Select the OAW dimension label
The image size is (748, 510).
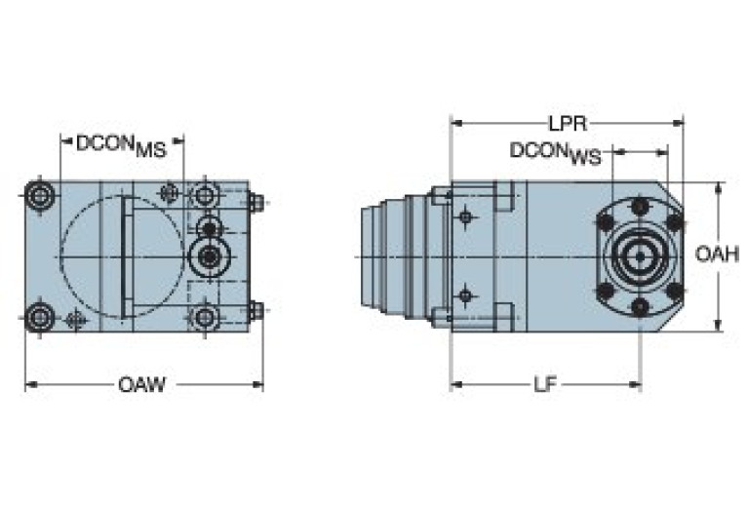[141, 384]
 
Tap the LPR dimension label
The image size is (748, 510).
[566, 124]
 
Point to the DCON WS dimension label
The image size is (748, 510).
[555, 153]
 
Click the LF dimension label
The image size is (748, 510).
[545, 384]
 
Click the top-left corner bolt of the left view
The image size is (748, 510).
[40, 195]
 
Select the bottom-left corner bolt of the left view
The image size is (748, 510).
[40, 316]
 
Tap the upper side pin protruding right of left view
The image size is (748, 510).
[256, 203]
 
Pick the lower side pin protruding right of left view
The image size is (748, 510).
[256, 310]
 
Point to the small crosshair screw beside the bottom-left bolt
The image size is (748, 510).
[74, 319]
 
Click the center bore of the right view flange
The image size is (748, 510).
[640, 256]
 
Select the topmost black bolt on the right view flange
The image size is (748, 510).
[640, 206]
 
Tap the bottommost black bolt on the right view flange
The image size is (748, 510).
[640, 307]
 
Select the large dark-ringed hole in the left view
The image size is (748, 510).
[207, 256]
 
